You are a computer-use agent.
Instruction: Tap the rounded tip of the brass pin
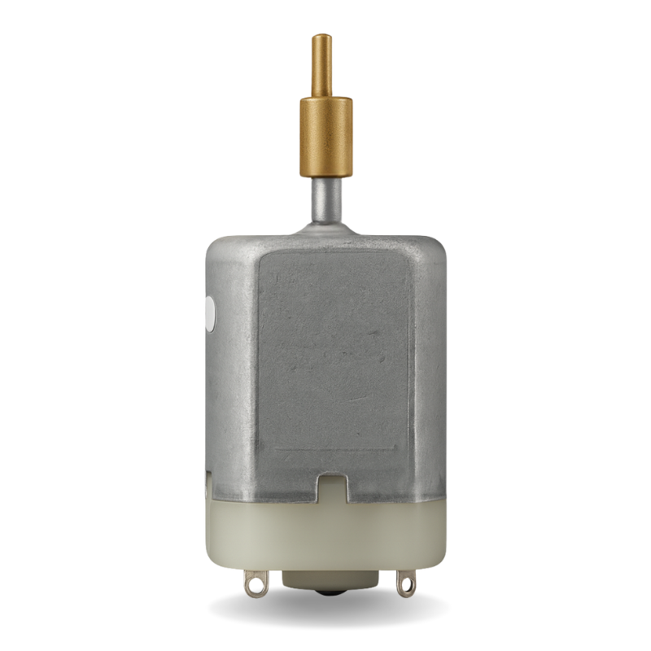[324, 37]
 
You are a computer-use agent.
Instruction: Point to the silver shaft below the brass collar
[325, 195]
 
